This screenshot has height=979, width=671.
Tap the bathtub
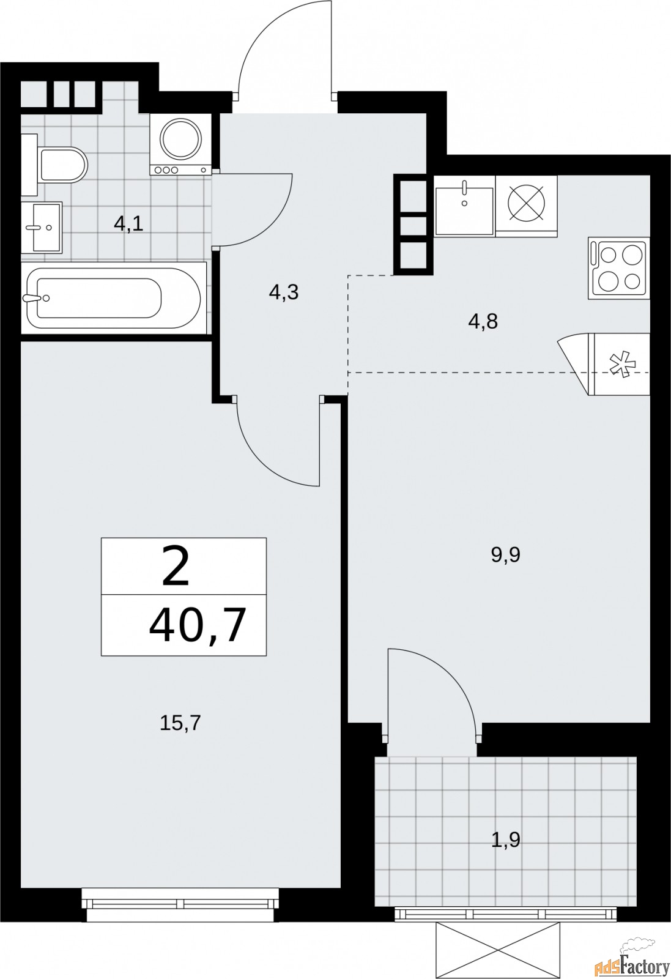click(113, 298)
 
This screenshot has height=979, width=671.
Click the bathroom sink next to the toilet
click(42, 227)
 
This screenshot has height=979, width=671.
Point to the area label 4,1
click(128, 224)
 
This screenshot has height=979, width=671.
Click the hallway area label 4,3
click(283, 292)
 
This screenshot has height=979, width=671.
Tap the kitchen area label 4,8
click(483, 321)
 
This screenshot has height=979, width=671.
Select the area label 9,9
click(505, 555)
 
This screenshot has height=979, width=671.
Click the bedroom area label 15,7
click(180, 723)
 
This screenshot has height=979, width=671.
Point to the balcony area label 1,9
click(505, 839)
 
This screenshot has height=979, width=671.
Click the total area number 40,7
click(197, 625)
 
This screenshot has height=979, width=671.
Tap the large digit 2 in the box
click(176, 567)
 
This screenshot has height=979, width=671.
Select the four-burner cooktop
click(618, 268)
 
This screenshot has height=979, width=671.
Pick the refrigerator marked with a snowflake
click(618, 364)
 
